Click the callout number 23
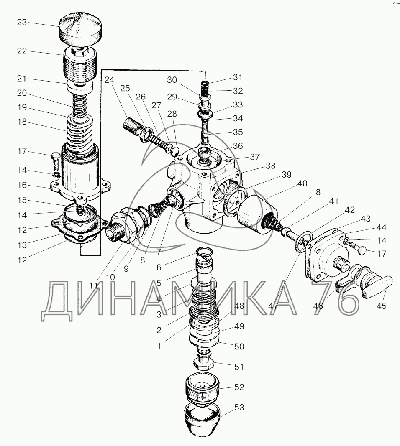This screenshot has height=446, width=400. pyautogui.click(x=21, y=22)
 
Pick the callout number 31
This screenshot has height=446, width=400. pyautogui.click(x=238, y=77)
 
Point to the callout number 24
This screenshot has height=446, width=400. pyautogui.click(x=109, y=79)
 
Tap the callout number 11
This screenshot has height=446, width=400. pyautogui.click(x=95, y=286)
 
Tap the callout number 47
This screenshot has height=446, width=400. pyautogui.click(x=274, y=306)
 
